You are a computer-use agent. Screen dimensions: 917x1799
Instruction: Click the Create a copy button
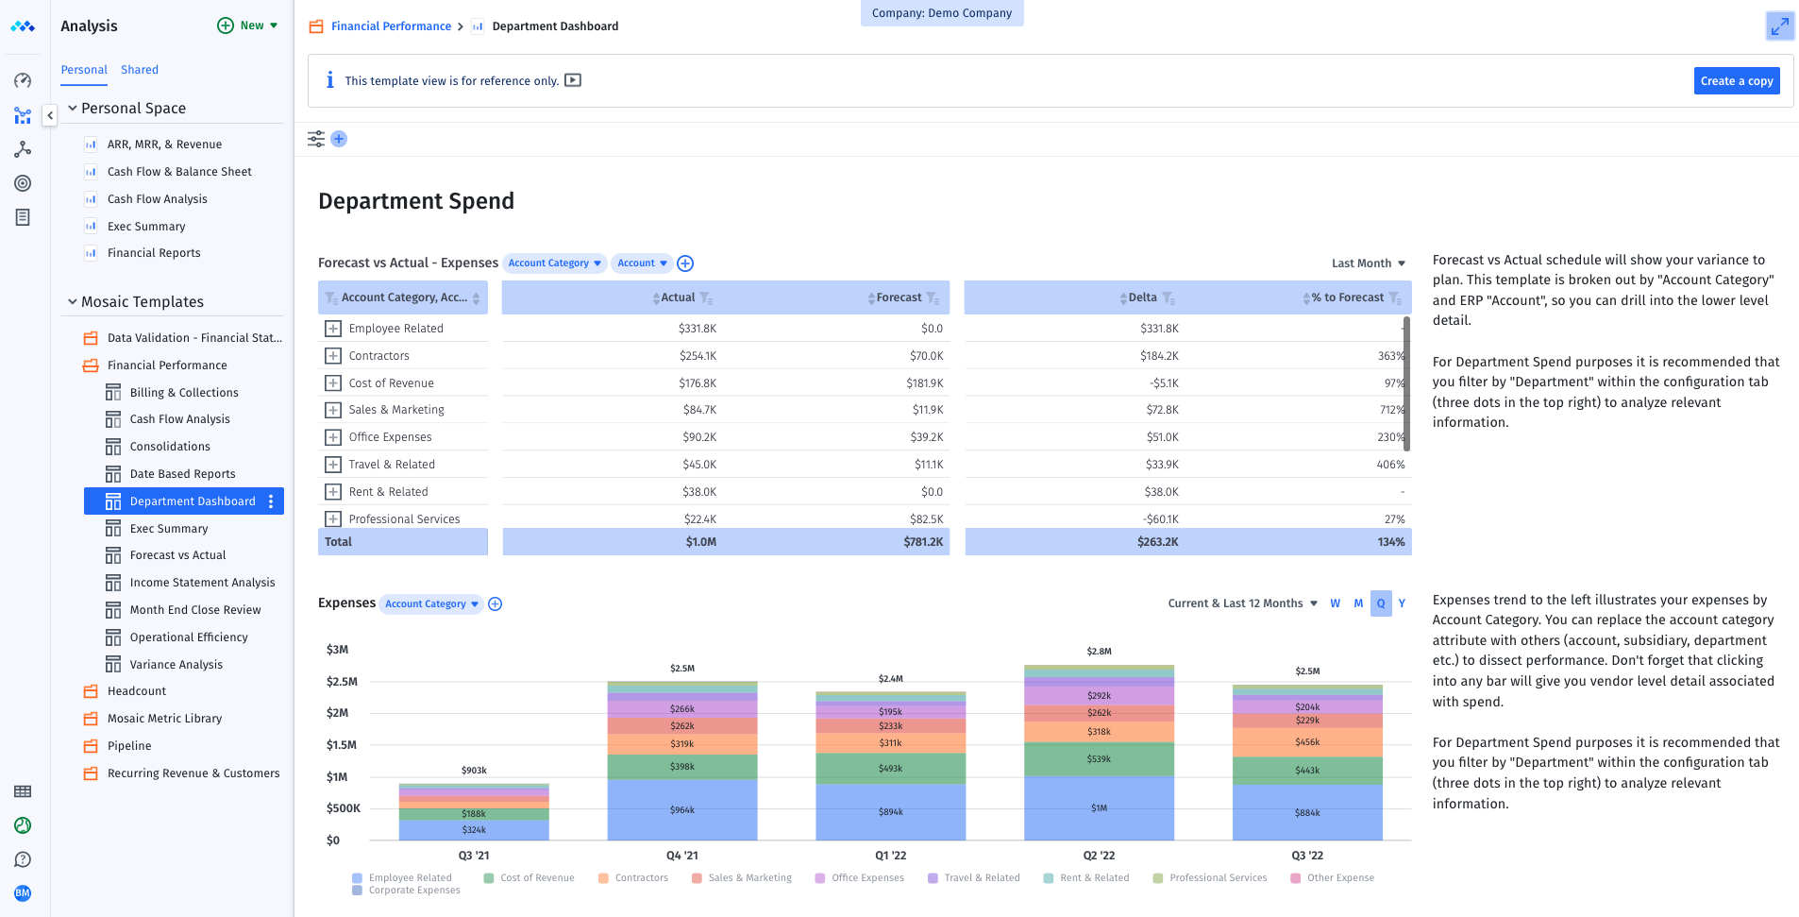pos(1736,81)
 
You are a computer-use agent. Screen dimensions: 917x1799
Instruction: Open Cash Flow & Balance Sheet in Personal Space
pos(179,172)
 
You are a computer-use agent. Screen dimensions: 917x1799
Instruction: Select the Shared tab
pos(140,70)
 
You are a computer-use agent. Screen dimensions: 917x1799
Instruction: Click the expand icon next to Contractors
pos(333,356)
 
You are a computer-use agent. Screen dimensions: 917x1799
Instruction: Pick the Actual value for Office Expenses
pos(699,437)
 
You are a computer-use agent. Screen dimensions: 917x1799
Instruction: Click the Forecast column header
pos(899,297)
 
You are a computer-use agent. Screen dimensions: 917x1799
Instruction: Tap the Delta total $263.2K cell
pos(1157,542)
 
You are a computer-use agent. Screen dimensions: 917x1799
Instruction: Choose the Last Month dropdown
pos(1368,263)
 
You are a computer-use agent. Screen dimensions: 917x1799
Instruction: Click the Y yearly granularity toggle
pos(1402,603)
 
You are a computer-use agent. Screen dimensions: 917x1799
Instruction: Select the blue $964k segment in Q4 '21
pos(681,809)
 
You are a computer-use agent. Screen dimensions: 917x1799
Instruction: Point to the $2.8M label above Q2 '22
pos(1099,652)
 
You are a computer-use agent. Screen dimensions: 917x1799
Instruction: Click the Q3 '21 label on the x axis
pos(474,856)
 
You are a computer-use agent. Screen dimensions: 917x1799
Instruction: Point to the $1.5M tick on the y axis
pos(342,745)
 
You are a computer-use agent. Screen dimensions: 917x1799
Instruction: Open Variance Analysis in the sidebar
pos(177,665)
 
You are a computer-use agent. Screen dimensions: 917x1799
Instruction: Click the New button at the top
pos(248,25)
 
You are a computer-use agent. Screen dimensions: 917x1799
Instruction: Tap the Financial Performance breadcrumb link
pos(391,26)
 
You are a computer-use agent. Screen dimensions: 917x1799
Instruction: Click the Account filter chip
pos(642,263)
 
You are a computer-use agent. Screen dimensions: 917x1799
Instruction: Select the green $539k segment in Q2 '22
pos(1099,758)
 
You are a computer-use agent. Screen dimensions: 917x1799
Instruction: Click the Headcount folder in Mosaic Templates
pos(137,691)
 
